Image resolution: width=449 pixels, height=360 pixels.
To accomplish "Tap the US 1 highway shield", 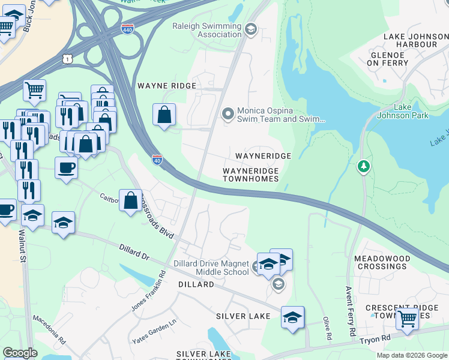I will [68, 58].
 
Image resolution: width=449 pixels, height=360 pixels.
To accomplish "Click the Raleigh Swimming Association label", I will [206, 30].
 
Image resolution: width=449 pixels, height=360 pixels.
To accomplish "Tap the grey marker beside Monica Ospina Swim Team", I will [228, 113].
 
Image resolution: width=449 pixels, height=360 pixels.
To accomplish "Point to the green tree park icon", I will [363, 166].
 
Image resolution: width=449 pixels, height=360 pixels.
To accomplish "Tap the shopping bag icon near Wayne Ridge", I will [164, 114].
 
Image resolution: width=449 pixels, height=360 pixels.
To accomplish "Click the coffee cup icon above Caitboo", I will [65, 167].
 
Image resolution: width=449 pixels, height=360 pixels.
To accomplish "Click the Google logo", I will [20, 353].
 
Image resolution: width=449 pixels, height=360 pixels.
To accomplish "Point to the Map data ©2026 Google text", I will [411, 355].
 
